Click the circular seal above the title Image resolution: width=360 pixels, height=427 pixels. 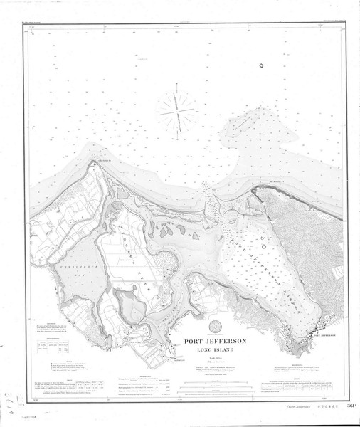217,328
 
